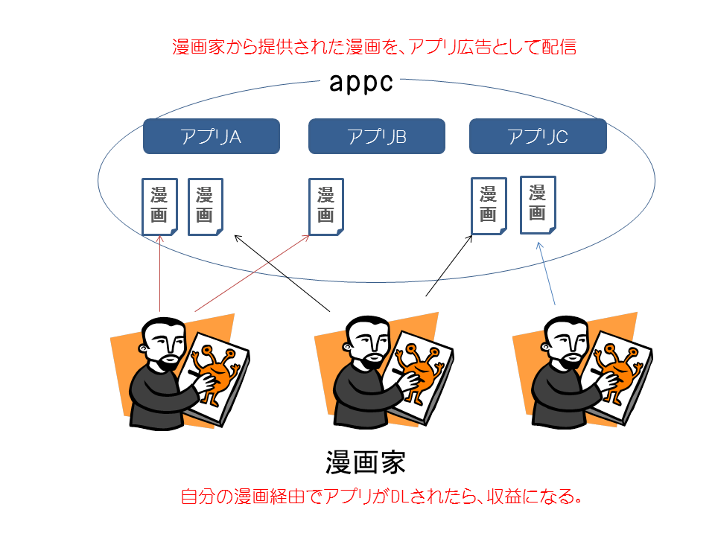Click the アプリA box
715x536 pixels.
(x=211, y=136)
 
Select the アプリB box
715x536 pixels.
(x=377, y=136)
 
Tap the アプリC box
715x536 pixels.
(x=538, y=136)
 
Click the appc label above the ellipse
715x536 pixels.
(x=360, y=83)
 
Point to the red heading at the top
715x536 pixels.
(x=375, y=47)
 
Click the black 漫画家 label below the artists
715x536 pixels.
(x=366, y=462)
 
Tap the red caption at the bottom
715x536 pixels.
(x=381, y=497)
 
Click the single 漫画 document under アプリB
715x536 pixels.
(x=326, y=207)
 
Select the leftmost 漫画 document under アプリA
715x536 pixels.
(x=159, y=207)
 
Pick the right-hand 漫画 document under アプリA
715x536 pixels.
(x=206, y=207)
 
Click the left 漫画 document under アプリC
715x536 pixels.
(x=489, y=206)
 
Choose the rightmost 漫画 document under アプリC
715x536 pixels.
(x=538, y=205)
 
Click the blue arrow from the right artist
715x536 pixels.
(x=547, y=273)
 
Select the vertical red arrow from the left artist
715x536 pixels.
(x=160, y=274)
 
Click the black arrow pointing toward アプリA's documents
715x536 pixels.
(x=282, y=273)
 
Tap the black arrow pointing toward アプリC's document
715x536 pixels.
(x=449, y=266)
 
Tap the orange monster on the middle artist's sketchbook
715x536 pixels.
(x=417, y=371)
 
